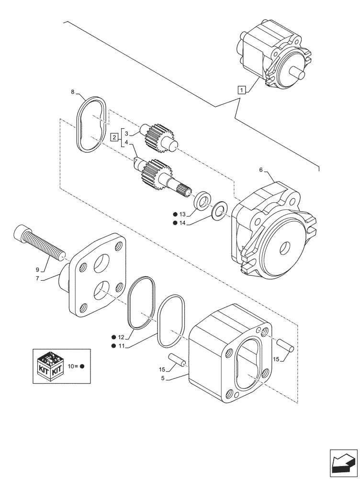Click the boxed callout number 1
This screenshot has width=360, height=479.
point(243,89)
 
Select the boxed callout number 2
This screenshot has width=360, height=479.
point(114,137)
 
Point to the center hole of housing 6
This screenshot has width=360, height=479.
point(284,248)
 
